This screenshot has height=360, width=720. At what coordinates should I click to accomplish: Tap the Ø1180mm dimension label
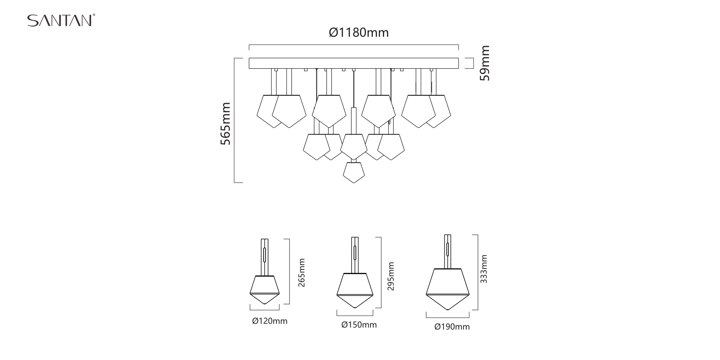click(x=359, y=33)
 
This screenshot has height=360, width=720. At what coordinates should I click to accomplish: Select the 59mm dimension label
click(x=485, y=63)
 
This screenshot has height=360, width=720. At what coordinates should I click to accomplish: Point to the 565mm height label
click(x=225, y=124)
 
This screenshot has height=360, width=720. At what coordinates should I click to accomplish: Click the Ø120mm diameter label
click(x=270, y=321)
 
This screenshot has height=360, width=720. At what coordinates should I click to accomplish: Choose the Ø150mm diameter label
click(x=359, y=325)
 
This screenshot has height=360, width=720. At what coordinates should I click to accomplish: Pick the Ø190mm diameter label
click(x=452, y=327)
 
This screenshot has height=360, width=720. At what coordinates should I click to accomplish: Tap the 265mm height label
click(x=302, y=273)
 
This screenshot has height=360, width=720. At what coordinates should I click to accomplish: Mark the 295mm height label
click(x=391, y=276)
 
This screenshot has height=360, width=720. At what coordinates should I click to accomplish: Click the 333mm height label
click(x=484, y=269)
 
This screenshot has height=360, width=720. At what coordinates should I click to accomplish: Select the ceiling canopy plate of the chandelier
click(x=354, y=63)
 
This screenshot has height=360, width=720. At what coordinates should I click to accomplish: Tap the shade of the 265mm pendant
click(x=265, y=290)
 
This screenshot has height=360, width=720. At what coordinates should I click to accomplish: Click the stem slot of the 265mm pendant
click(x=265, y=254)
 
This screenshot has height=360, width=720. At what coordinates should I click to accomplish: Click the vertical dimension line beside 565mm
click(x=234, y=120)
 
